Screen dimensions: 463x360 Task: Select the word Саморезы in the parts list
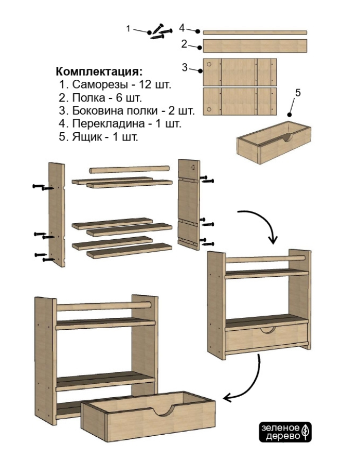tap(94, 84)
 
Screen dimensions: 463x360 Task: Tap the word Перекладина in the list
tap(100, 124)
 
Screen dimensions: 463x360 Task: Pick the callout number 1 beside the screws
tap(129, 28)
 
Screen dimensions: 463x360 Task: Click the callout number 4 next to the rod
tap(182, 27)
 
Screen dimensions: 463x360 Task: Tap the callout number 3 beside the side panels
tap(184, 67)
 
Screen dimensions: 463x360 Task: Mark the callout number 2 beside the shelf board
tap(184, 44)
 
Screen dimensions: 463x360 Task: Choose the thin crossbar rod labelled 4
tap(255, 32)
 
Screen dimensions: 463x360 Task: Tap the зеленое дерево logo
tap(286, 432)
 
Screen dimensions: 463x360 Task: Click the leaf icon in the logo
tap(305, 432)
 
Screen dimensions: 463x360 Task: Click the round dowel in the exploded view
tap(130, 169)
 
